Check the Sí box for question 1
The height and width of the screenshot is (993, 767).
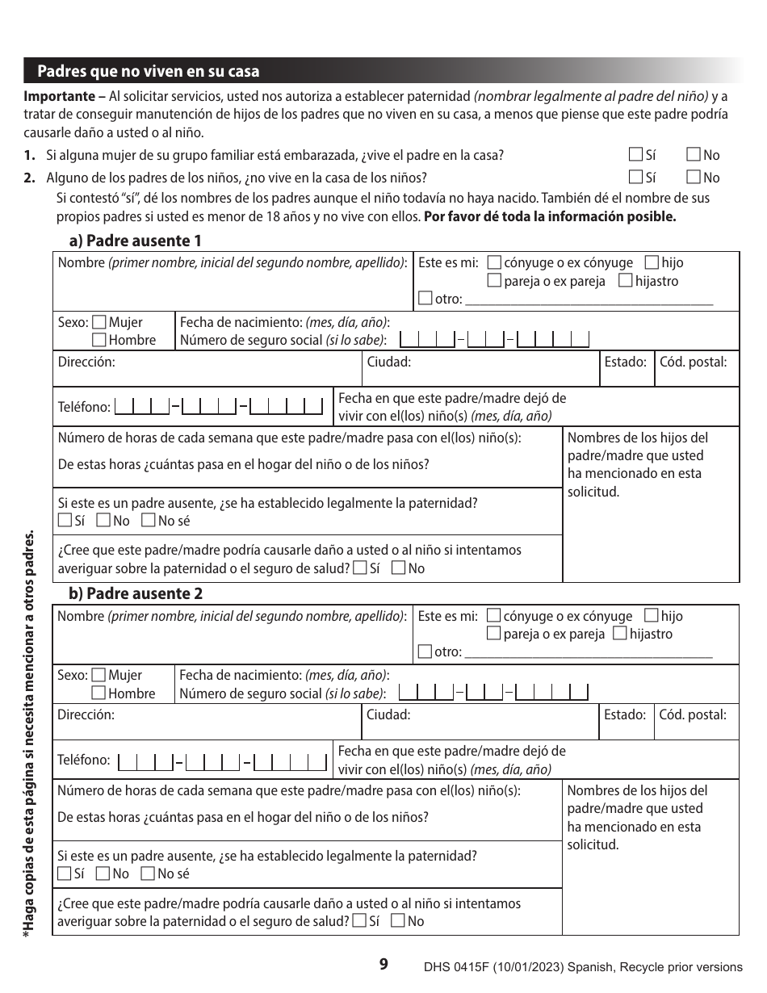(x=636, y=155)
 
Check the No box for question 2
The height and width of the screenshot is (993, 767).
(x=694, y=178)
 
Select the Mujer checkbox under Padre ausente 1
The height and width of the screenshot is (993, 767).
(x=99, y=322)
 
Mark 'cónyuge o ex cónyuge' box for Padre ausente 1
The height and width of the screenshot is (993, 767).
(x=495, y=262)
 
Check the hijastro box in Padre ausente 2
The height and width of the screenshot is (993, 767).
(x=619, y=634)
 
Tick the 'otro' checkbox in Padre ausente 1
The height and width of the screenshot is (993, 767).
(x=425, y=299)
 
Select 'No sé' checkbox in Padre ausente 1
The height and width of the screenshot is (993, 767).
(x=148, y=521)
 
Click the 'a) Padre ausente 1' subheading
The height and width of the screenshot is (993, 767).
(x=135, y=241)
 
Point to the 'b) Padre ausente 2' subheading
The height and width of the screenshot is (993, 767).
(x=135, y=593)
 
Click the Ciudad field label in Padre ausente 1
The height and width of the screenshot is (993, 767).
(x=389, y=362)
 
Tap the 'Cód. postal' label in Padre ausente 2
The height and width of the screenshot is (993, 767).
(x=693, y=714)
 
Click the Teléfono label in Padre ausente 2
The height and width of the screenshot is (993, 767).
(x=84, y=760)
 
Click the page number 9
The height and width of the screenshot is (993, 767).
(x=383, y=964)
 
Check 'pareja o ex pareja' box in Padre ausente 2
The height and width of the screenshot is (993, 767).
(x=494, y=634)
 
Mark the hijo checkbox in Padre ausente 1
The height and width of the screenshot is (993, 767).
(x=652, y=262)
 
